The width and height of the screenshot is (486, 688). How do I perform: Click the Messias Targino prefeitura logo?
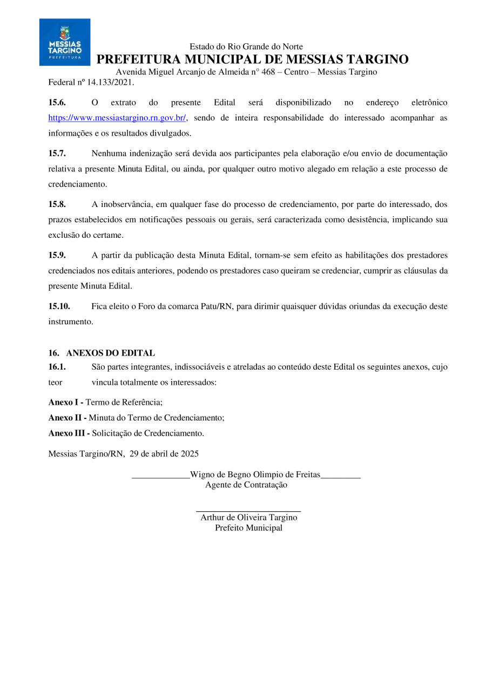coord(65,42)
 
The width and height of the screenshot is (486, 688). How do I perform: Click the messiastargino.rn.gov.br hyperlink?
coord(117,118)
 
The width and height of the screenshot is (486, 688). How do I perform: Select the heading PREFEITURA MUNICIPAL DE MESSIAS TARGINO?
coord(252,59)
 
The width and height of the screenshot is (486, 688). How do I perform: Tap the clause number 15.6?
coord(57,103)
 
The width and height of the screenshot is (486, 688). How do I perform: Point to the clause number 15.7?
coord(57,153)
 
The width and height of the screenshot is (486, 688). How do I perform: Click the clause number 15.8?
coord(57,204)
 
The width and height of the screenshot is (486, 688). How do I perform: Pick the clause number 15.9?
coord(57,255)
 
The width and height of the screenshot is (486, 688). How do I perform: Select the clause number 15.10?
coord(59,306)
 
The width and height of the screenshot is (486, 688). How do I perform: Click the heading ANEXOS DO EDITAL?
coord(110,353)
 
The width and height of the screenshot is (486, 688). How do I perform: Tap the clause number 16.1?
coord(57,367)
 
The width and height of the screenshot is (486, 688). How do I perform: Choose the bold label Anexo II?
coord(67,418)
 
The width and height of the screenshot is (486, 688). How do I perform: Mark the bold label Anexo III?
coord(69,433)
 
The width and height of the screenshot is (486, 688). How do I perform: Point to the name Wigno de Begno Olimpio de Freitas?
coord(255,475)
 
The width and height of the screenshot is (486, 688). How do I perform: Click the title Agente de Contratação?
coord(246,485)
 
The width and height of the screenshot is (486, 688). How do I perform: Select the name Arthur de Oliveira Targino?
coord(248,517)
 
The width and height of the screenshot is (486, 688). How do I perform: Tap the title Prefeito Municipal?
coord(248,528)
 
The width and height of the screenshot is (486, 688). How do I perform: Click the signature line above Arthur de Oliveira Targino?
coord(248,510)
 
